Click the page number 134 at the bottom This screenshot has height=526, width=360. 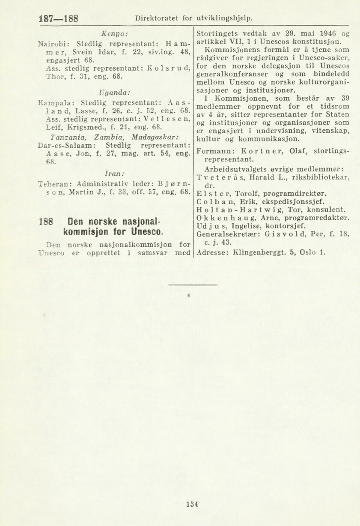pos(192,504)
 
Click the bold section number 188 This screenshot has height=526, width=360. pos(45,223)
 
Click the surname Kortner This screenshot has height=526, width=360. pos(261,151)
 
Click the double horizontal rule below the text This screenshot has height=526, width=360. pos(193,284)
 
